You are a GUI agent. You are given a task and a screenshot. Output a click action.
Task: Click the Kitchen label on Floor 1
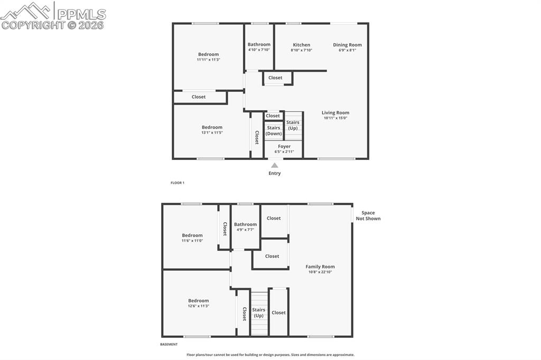point(301,45)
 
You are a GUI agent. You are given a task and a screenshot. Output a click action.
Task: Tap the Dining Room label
point(347,45)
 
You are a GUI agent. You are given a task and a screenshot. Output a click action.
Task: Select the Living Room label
point(335,112)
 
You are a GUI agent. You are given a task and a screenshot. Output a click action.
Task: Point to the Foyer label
point(284,146)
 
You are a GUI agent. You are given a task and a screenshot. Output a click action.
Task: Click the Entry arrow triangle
point(275,165)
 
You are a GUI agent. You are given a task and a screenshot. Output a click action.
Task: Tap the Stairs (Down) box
point(274,131)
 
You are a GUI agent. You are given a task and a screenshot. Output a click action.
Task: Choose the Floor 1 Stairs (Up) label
point(293,125)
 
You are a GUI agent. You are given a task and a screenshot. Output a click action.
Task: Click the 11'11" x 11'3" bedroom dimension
point(208,60)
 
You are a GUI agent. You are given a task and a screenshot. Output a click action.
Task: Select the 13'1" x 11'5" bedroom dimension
point(212,132)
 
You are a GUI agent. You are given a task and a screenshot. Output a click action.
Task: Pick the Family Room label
point(320,267)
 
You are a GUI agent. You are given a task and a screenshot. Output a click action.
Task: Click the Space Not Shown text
point(368,216)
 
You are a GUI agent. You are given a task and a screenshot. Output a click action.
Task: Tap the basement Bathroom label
point(245,224)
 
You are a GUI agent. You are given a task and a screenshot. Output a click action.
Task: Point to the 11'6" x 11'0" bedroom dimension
point(192,241)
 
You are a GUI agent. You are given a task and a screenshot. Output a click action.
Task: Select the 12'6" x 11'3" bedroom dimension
point(199,306)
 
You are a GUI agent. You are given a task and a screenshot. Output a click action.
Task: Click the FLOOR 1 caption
point(178,183)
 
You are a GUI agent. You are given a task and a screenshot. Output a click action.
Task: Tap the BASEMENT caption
point(169,345)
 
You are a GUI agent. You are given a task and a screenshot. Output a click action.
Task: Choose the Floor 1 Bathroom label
point(259,44)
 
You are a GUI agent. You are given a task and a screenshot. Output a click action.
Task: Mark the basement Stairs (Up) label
point(258,312)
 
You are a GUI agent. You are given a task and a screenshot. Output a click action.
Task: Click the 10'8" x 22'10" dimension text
point(320,272)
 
